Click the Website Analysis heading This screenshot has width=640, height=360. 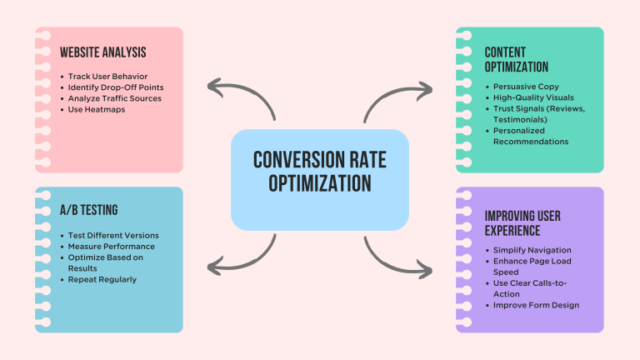coord(102,52)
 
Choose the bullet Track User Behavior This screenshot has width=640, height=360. coord(108,77)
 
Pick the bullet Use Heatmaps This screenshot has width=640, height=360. coord(97,109)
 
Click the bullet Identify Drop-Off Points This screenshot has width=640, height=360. coord(117,87)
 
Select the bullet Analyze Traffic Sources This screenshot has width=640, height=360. coord(115,98)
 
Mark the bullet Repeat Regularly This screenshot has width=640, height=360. coord(103,279)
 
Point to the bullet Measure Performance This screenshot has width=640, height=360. coord(111,246)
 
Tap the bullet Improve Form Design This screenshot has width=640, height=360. coord(535,305)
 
